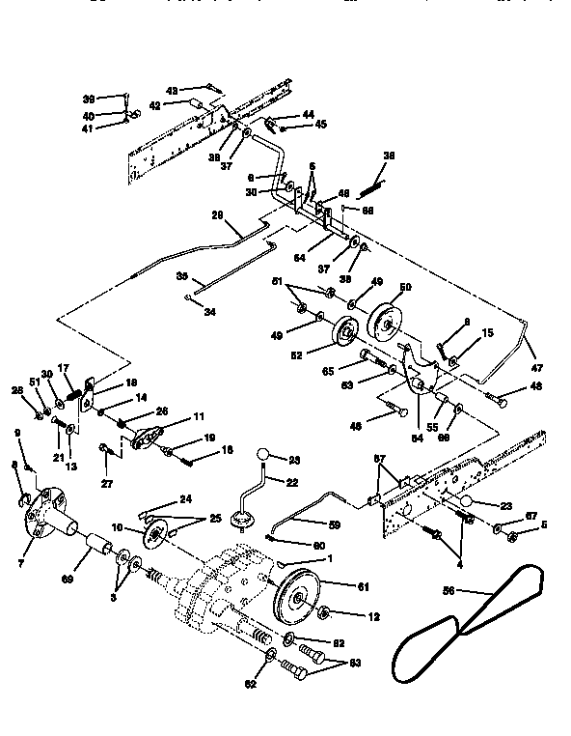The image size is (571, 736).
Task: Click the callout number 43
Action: [x=172, y=91]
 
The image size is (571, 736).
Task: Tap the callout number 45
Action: [x=321, y=125]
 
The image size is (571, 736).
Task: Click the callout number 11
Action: [x=200, y=416]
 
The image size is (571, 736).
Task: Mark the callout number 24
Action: [x=186, y=498]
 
